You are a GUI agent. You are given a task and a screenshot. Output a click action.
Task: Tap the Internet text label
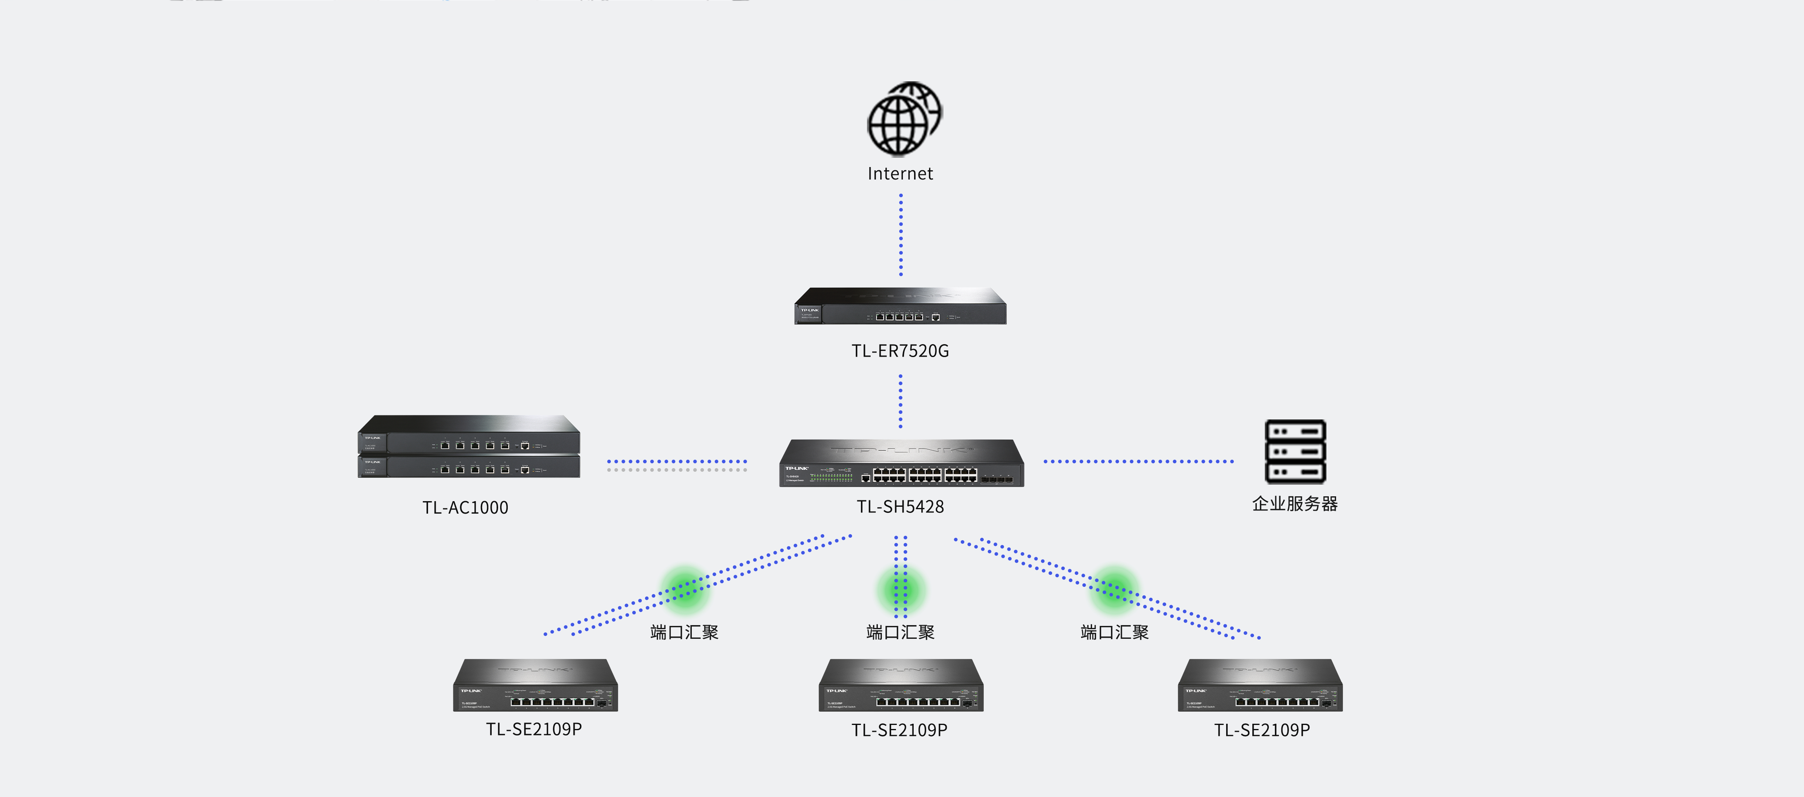tap(900, 173)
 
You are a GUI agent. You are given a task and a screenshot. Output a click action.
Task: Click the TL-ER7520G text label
tap(900, 351)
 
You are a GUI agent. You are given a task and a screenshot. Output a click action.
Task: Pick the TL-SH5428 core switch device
tap(901, 464)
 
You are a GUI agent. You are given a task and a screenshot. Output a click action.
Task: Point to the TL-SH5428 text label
tap(900, 506)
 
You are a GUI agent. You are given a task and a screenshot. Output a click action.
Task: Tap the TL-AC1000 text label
tap(465, 508)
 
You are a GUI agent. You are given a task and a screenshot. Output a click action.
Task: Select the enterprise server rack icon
tap(1295, 452)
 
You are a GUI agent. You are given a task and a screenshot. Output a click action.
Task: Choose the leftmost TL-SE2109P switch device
tap(535, 686)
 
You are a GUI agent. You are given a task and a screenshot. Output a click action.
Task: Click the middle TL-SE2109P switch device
tap(901, 686)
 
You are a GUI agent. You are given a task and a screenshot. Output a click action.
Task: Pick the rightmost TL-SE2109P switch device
tap(1260, 686)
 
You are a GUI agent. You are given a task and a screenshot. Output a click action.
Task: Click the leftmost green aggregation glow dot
tap(685, 589)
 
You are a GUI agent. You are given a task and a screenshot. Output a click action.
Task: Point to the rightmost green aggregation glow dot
tap(1114, 589)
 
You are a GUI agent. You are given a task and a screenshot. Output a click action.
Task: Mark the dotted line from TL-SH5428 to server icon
tap(1138, 462)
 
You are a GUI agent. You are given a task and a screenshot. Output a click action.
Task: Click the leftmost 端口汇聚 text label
tap(684, 632)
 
